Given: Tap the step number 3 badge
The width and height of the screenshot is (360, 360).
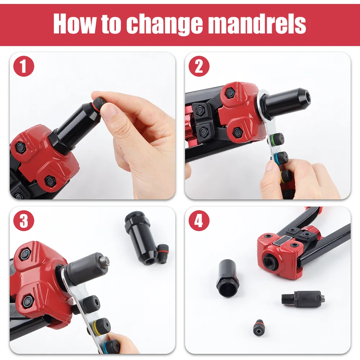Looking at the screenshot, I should [24, 221].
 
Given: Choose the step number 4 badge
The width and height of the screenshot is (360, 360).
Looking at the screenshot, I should [199, 221].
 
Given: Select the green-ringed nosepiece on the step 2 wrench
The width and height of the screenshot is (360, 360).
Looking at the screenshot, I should [276, 139].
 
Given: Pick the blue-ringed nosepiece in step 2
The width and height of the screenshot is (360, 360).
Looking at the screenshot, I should [280, 158].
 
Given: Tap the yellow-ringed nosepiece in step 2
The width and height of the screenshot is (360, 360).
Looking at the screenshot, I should [285, 176].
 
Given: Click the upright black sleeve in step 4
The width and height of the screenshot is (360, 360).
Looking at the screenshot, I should [228, 279].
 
